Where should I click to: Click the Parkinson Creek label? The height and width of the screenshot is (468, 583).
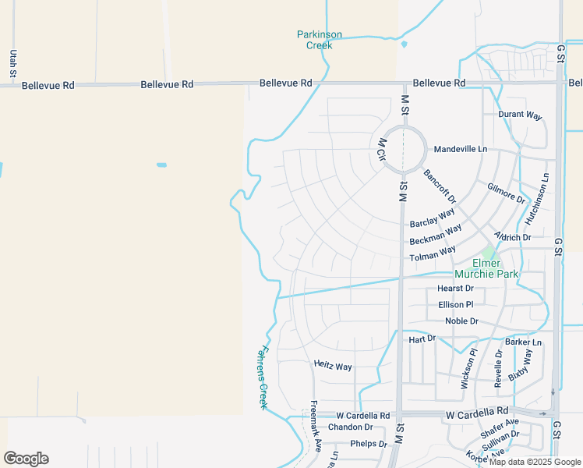[x=320, y=40]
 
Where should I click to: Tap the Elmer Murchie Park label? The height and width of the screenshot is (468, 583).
[x=496, y=269]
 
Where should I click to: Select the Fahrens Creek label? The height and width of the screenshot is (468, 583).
[x=263, y=378]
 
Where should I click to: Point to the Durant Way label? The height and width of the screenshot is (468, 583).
[x=520, y=115]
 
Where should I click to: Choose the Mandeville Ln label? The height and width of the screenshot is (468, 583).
[x=461, y=149]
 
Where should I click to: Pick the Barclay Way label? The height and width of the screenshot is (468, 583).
[x=433, y=218]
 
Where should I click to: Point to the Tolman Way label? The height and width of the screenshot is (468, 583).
[x=433, y=254]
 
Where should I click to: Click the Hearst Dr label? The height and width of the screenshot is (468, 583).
[x=456, y=289]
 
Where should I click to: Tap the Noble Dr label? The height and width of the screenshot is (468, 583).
[x=461, y=321]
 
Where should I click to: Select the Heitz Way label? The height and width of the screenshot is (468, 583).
[x=333, y=366]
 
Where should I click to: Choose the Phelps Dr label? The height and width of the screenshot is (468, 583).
[x=368, y=444]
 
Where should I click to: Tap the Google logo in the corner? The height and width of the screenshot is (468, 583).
[x=26, y=459]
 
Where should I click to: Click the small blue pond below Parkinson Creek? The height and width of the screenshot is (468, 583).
[x=404, y=44]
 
